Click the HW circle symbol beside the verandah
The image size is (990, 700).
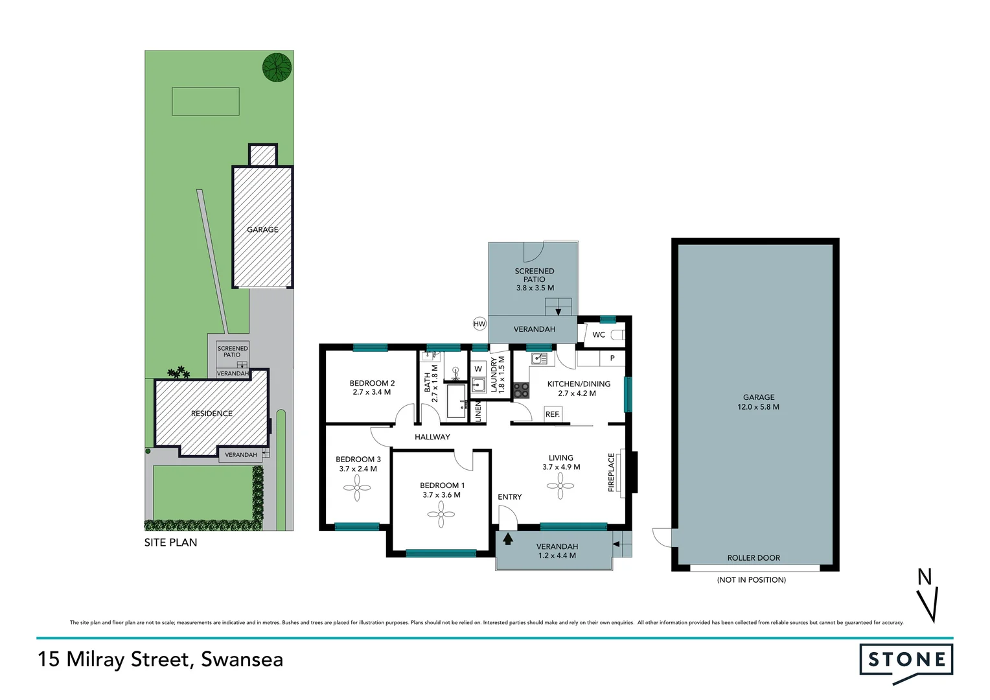click(479, 324)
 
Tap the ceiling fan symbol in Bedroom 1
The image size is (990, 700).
click(441, 515)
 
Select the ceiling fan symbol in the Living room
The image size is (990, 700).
click(560, 485)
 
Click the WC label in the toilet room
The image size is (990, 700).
click(599, 335)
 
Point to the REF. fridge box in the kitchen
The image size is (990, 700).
click(553, 414)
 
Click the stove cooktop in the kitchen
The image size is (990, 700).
click(521, 390)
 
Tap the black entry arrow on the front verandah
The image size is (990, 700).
click(508, 539)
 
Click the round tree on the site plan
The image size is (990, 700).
click(277, 67)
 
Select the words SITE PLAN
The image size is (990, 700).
click(170, 542)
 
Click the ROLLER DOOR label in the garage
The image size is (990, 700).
click(754, 558)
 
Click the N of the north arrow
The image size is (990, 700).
click(925, 577)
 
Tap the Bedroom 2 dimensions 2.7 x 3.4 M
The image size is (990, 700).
click(372, 392)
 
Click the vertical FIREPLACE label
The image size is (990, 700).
click(611, 472)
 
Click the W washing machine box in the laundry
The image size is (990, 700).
click(478, 369)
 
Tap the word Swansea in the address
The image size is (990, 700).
click(242, 659)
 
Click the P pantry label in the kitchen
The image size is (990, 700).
click(612, 358)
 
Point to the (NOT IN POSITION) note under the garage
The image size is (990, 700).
click(752, 580)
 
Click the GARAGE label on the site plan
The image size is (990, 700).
click(262, 229)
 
